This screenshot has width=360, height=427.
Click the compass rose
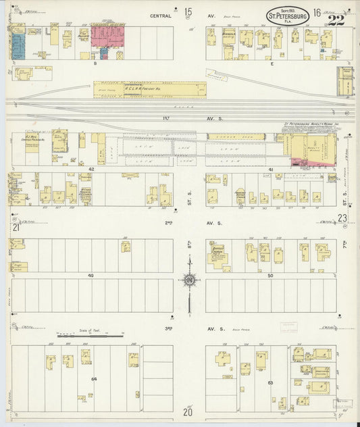(x=190, y=279)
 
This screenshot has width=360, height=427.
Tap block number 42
(x=91, y=169)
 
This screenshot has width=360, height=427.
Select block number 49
(x=91, y=276)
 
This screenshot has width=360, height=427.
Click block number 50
(x=271, y=276)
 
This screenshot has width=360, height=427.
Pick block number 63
(x=270, y=383)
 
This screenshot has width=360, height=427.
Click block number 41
(x=271, y=169)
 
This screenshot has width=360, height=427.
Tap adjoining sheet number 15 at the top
(x=188, y=11)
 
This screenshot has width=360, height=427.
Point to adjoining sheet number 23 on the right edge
(x=343, y=218)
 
